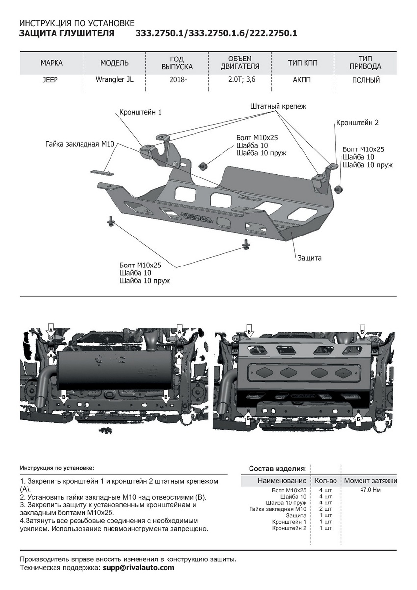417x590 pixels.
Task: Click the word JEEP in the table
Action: click(x=50, y=80)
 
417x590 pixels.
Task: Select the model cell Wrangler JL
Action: click(x=114, y=80)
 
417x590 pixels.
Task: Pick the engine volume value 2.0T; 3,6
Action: click(x=240, y=80)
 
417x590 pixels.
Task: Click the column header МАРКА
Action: click(x=51, y=63)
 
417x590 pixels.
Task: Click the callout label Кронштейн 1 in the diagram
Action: click(x=140, y=112)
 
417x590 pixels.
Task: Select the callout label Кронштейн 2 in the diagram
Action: click(x=357, y=123)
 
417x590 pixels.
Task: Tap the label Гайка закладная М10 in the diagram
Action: click(x=80, y=144)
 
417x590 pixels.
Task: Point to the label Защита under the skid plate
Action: click(x=308, y=257)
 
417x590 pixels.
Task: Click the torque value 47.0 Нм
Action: click(x=370, y=490)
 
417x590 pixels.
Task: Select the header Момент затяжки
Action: click(x=370, y=480)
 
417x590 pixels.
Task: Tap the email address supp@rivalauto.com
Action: click(x=138, y=567)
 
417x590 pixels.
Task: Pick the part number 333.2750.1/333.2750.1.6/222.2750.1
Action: click(x=216, y=34)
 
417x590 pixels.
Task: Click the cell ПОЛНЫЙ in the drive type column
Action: click(x=365, y=80)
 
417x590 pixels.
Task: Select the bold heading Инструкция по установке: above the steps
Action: click(x=56, y=468)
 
